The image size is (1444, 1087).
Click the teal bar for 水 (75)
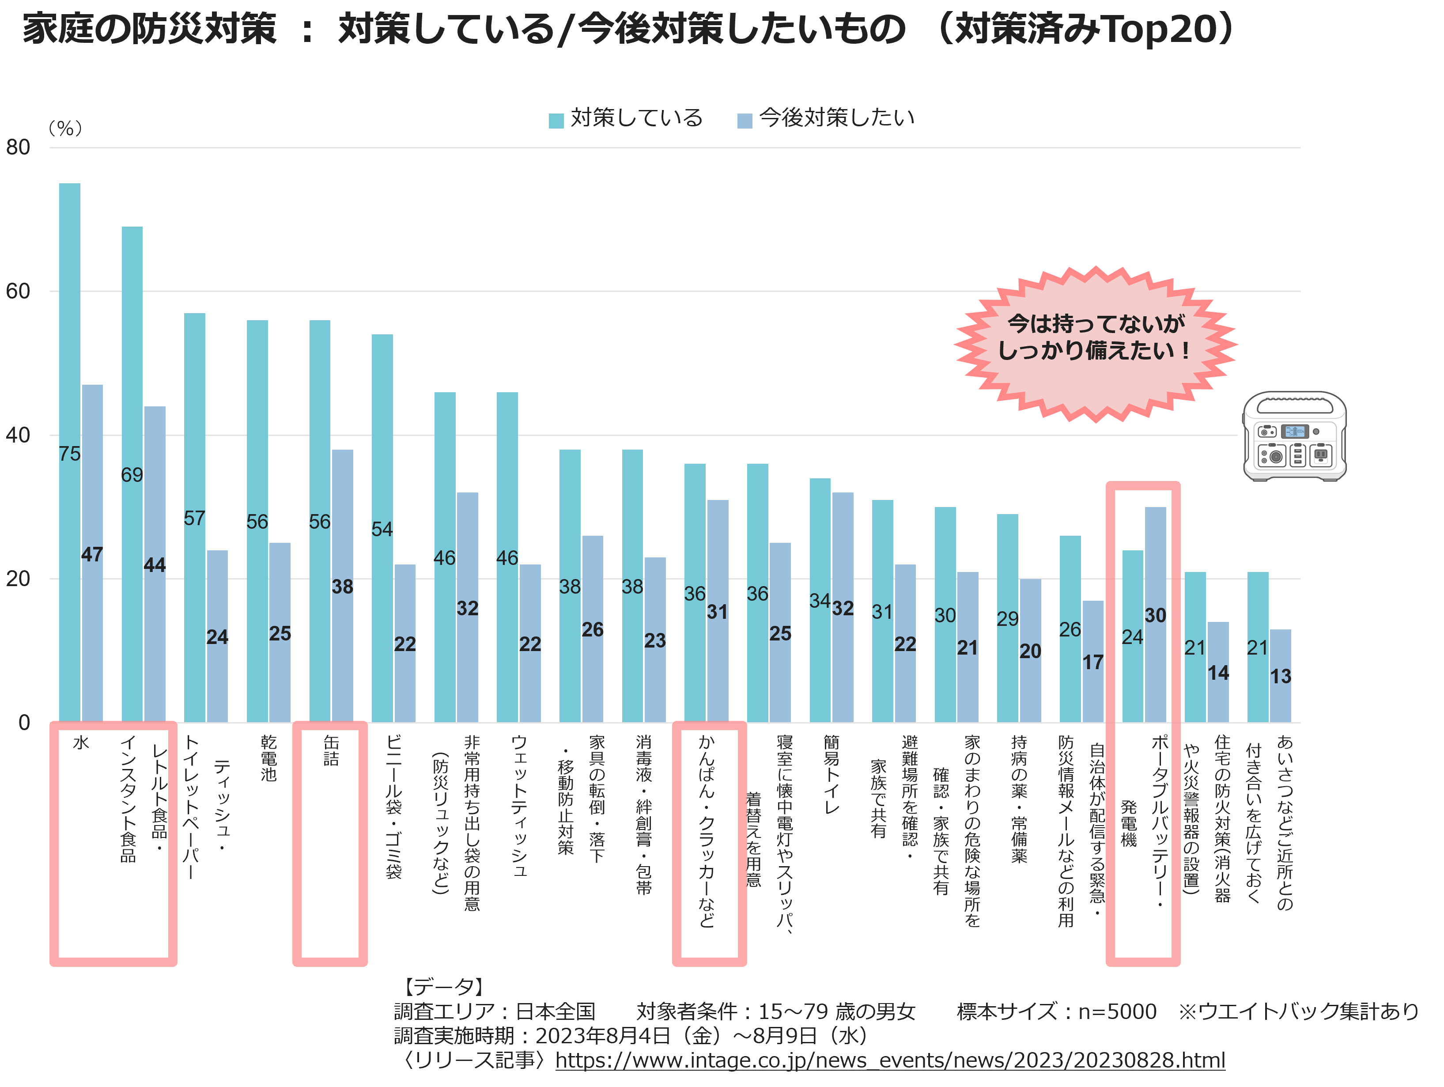pyautogui.click(x=70, y=452)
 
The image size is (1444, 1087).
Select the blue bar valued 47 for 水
pyautogui.click(x=92, y=553)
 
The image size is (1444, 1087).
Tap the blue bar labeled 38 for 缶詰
pyautogui.click(x=342, y=586)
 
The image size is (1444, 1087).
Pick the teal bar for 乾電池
pyautogui.click(x=257, y=521)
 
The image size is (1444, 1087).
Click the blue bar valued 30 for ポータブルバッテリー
pyautogui.click(x=1156, y=614)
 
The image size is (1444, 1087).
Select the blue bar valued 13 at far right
pyautogui.click(x=1280, y=676)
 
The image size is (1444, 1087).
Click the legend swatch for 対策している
pyautogui.click(x=556, y=121)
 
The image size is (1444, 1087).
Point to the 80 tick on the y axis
pyautogui.click(x=18, y=148)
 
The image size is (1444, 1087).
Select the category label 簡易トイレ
pyautogui.click(x=831, y=774)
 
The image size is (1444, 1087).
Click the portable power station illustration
pyautogui.click(x=1294, y=436)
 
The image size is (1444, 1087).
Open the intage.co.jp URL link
pyautogui.click(x=890, y=1060)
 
